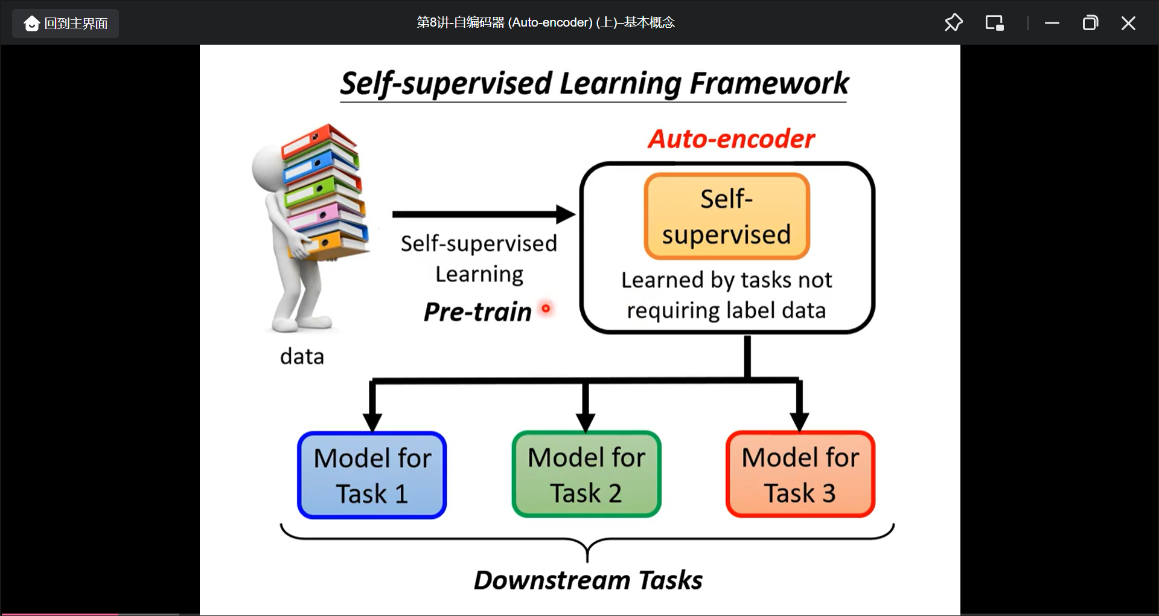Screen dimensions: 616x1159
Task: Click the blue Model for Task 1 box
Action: click(372, 475)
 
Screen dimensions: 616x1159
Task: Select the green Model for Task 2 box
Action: click(586, 475)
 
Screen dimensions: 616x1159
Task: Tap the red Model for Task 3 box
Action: click(800, 475)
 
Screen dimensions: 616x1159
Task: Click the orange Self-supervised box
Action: click(727, 216)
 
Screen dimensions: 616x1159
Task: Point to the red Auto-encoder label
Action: click(731, 139)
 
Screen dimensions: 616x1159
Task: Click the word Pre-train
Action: click(477, 312)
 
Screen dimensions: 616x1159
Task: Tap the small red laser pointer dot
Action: click(546, 309)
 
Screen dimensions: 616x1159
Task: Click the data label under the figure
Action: click(302, 356)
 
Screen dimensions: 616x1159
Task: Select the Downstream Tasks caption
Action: click(588, 580)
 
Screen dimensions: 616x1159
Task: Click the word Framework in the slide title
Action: click(769, 83)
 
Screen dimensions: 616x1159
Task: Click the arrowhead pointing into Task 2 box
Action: click(586, 421)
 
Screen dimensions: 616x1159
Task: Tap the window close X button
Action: click(1128, 24)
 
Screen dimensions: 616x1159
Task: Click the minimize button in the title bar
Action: click(1052, 24)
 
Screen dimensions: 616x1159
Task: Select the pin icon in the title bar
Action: click(953, 23)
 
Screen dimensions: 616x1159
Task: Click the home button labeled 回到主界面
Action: click(66, 24)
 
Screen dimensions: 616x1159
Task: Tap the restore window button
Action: click(1090, 24)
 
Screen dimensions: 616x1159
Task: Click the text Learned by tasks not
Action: click(726, 280)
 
